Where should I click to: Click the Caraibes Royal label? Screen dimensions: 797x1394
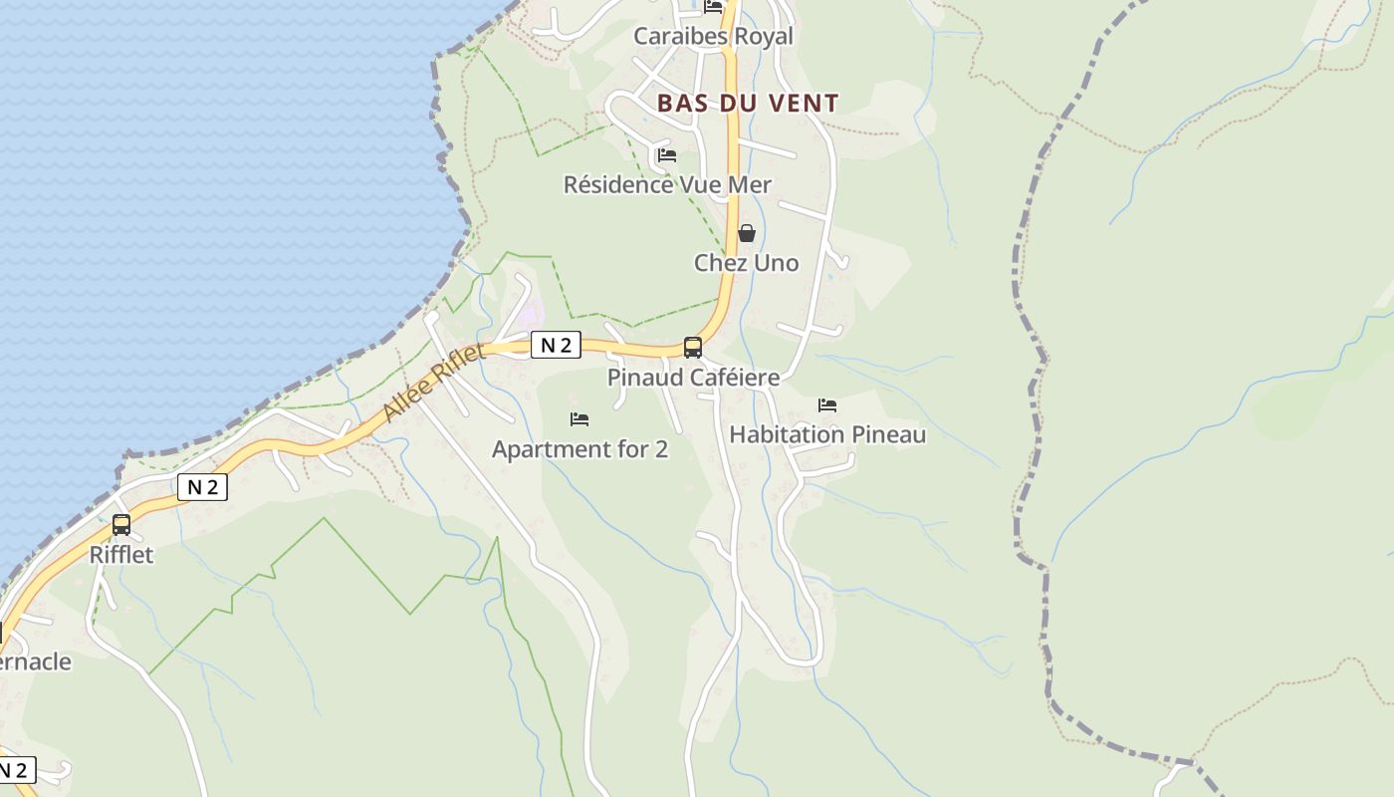[x=713, y=37]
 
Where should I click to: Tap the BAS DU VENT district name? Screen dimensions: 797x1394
[x=748, y=103]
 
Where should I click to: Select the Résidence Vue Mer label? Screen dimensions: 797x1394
[x=667, y=184]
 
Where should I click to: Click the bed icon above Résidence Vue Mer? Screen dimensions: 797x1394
[x=667, y=155]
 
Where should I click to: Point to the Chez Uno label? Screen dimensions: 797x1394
[x=746, y=263]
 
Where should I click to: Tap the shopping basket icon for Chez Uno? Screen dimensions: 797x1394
[x=746, y=234]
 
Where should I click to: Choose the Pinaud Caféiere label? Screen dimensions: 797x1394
[x=693, y=378]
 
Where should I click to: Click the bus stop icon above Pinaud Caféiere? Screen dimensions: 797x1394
[x=693, y=348]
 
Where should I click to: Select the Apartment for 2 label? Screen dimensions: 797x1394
[x=580, y=449]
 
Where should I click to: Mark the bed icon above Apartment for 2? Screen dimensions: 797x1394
[x=580, y=419]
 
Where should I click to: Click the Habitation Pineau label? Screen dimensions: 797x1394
[x=827, y=434]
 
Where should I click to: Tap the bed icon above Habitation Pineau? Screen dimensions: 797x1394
[x=827, y=405]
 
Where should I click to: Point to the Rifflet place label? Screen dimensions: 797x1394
[x=121, y=555]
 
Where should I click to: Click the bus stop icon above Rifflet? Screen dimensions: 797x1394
[x=121, y=525]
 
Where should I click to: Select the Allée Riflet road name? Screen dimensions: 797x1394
[x=434, y=382]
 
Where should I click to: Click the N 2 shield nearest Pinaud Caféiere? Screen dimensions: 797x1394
[x=556, y=346]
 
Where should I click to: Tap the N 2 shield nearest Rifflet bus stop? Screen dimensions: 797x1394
[x=202, y=487]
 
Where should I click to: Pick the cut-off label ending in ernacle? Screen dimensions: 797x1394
[x=35, y=663]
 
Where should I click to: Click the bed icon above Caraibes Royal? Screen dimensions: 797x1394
[x=714, y=7]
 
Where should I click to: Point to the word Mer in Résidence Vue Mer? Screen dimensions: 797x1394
[x=751, y=184]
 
